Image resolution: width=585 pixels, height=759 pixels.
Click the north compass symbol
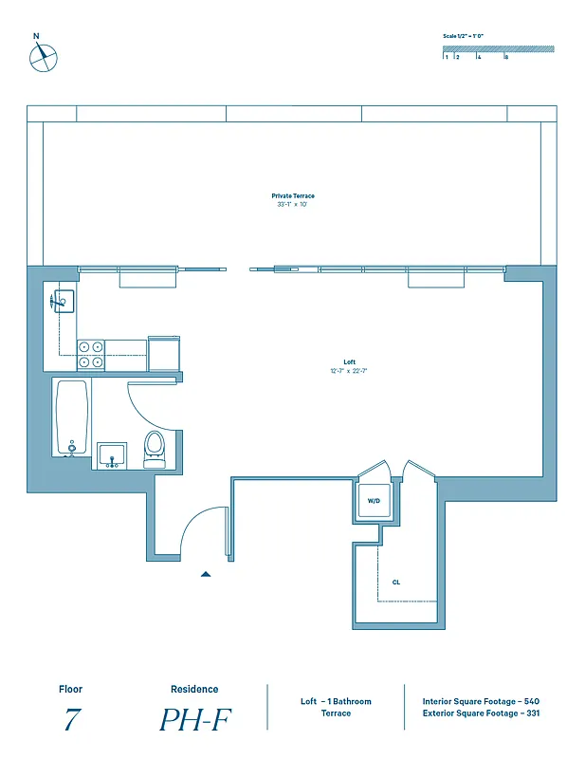click(43, 57)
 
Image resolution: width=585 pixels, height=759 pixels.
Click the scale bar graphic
click(499, 49)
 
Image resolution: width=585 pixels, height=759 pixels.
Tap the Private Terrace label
click(292, 196)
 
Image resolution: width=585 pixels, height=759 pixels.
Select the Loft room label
click(349, 361)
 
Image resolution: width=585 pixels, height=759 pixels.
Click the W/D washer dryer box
click(373, 502)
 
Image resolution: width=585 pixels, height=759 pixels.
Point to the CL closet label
click(396, 583)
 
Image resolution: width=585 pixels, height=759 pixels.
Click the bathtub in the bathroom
click(72, 417)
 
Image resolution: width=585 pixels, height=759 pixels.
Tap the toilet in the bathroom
click(154, 449)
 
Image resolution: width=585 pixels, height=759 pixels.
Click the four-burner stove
click(91, 354)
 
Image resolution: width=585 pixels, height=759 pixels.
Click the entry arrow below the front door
click(206, 574)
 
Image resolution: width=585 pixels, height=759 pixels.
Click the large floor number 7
click(70, 720)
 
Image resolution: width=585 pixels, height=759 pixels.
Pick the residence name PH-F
click(194, 720)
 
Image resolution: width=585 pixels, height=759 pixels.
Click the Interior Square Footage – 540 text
click(481, 701)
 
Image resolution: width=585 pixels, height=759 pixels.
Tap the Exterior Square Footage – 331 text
click(482, 713)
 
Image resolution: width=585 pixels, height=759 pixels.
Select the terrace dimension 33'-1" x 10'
click(292, 205)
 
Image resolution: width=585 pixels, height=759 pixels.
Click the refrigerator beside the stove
click(163, 353)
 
